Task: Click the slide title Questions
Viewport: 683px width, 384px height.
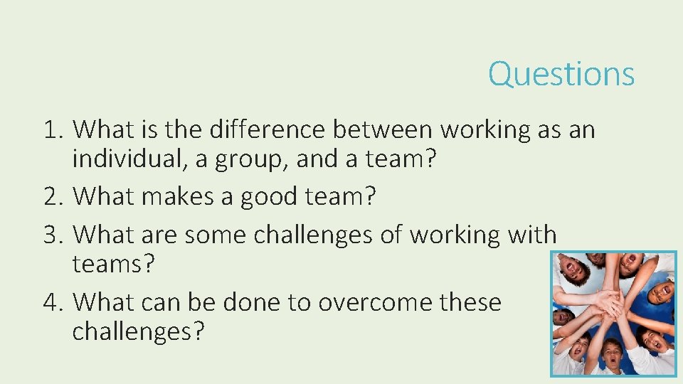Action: (561, 74)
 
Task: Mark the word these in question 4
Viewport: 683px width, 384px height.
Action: (471, 302)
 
